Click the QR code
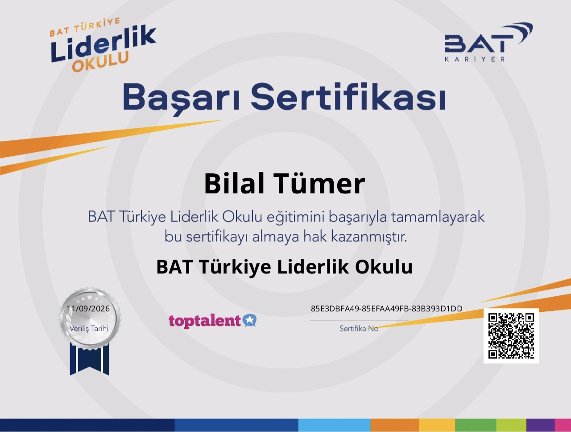click(511, 336)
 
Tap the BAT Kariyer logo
click(488, 42)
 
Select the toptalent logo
click(212, 321)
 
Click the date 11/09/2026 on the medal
click(88, 309)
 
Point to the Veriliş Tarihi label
click(89, 328)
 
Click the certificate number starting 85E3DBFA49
click(387, 309)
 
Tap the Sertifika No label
click(359, 328)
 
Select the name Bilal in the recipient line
click(234, 183)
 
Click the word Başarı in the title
click(181, 98)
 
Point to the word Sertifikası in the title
click(348, 97)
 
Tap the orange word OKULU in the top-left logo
click(100, 62)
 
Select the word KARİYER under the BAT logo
click(475, 59)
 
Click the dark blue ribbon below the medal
click(90, 359)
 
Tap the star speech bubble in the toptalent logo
click(250, 320)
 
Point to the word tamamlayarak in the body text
click(438, 217)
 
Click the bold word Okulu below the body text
click(384, 267)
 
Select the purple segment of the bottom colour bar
click(541, 425)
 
